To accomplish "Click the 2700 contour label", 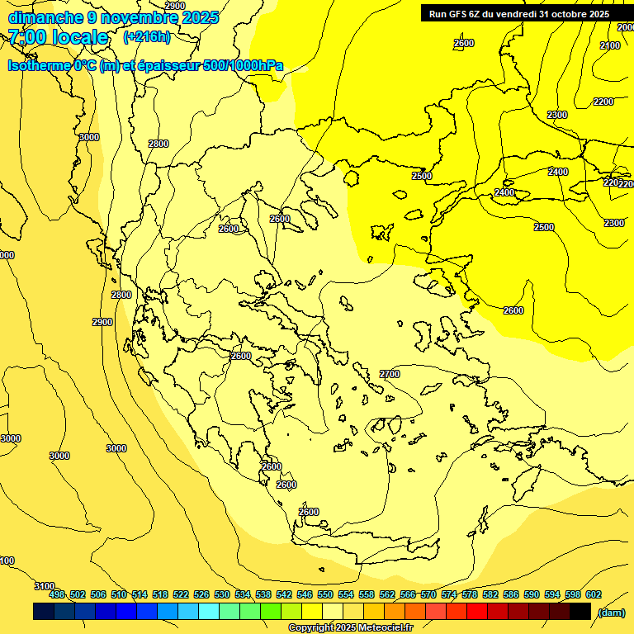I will [390, 374].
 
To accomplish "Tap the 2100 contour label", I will [610, 45].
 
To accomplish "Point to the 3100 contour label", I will [45, 586].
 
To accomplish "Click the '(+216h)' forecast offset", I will [146, 37].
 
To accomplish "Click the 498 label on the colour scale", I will [57, 594].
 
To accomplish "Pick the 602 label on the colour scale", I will [594, 594].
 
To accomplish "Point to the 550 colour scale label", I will [325, 594].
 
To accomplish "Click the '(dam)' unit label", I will [611, 612].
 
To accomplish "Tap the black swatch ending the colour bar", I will [580, 612].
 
